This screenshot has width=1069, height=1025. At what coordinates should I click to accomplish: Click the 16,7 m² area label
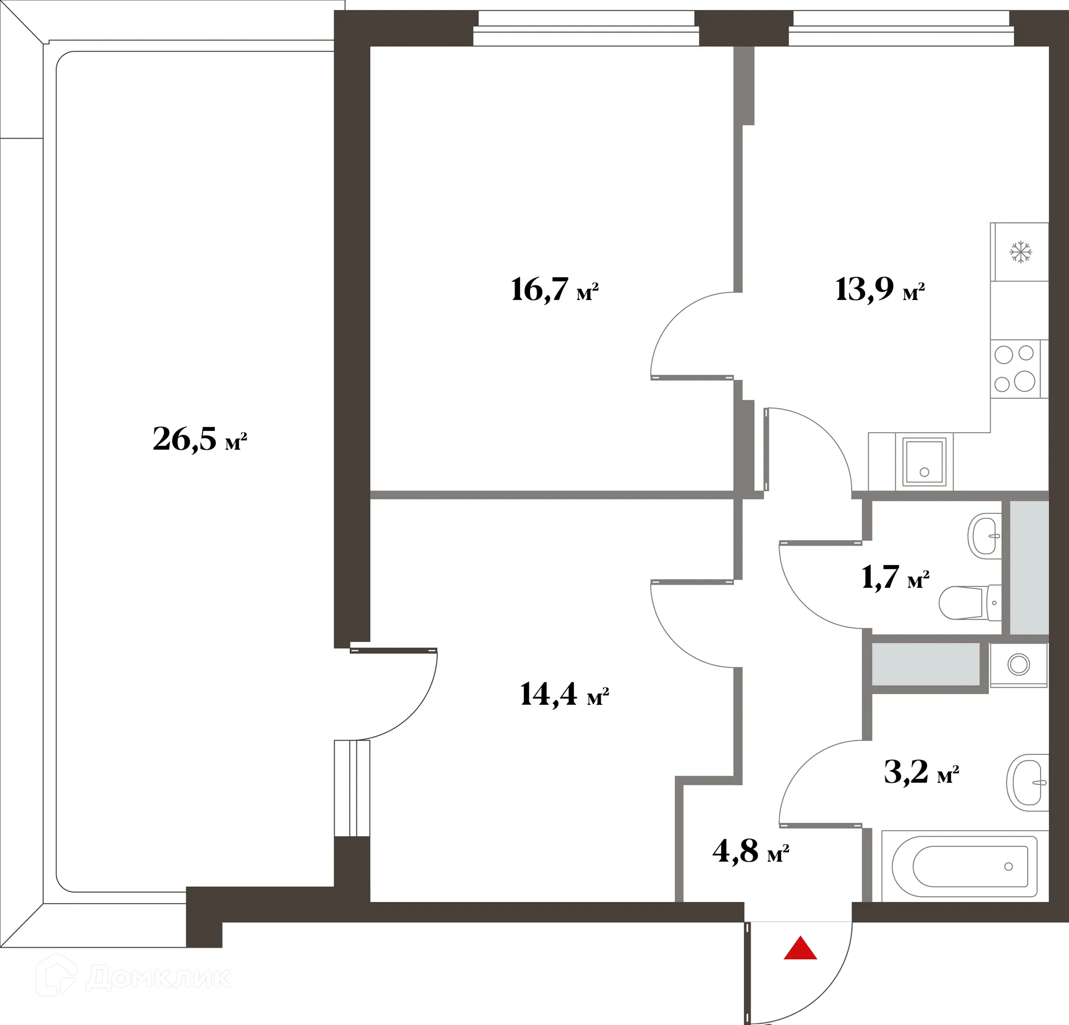pos(554,290)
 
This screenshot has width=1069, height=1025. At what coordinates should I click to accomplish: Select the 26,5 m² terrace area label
pos(199,440)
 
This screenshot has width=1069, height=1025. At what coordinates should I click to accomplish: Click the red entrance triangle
pos(800,948)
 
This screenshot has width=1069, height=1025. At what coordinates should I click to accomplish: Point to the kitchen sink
pos(924,462)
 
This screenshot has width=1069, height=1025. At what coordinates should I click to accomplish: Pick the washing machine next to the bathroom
pos(1018,665)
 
